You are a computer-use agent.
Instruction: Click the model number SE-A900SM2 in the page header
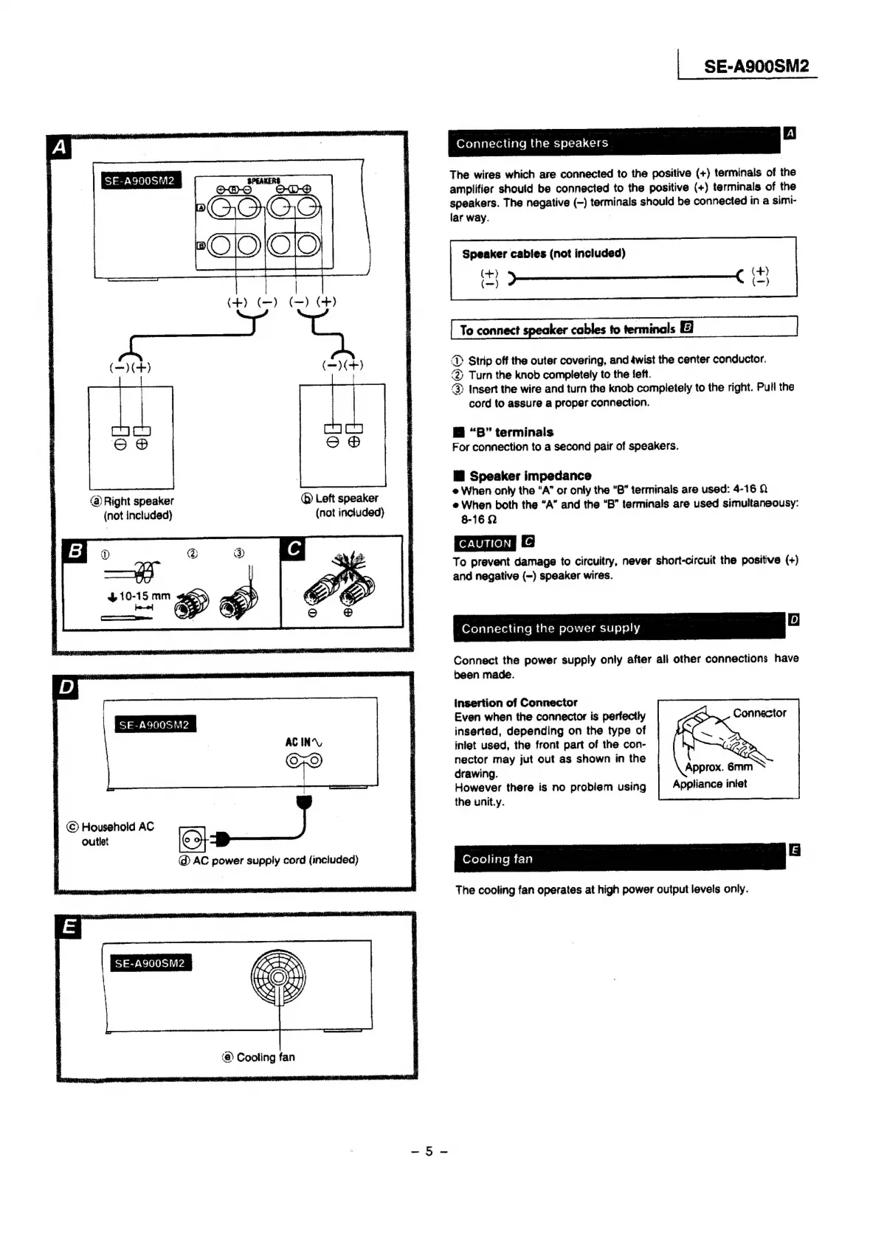(x=756, y=66)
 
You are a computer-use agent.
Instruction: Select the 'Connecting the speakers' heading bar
(x=613, y=143)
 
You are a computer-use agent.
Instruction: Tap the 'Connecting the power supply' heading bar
(x=618, y=628)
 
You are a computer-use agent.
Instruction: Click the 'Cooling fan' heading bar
(x=619, y=858)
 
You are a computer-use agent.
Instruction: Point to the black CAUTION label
(x=484, y=543)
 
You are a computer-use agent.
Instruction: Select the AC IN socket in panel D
(x=304, y=761)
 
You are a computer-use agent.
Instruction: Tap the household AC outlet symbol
(x=192, y=839)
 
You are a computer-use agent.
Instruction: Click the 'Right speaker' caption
(x=133, y=501)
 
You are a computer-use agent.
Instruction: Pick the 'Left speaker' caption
(x=341, y=499)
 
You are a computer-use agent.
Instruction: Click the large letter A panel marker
(x=60, y=148)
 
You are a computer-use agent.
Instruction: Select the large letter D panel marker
(x=67, y=688)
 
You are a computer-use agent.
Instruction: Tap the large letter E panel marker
(x=69, y=928)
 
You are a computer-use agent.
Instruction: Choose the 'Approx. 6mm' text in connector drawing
(x=718, y=767)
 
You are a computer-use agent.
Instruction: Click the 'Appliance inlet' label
(x=709, y=784)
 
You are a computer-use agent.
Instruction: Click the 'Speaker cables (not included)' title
(x=543, y=254)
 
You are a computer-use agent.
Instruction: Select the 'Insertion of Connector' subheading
(x=515, y=703)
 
